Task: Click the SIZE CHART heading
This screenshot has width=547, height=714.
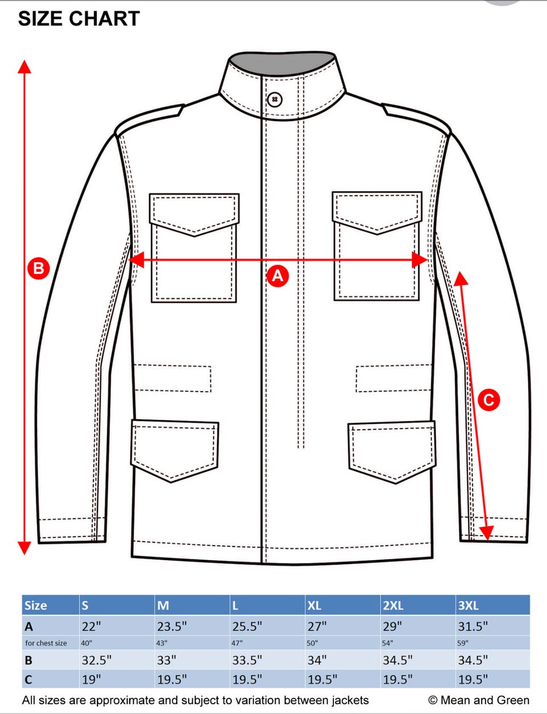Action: tap(79, 19)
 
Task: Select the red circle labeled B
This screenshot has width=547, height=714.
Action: tap(38, 269)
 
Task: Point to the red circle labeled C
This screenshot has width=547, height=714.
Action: tap(489, 400)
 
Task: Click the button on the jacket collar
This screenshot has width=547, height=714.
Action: tap(275, 99)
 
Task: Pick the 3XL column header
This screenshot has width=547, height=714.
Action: tap(468, 605)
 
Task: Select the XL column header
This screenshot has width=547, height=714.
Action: tap(314, 605)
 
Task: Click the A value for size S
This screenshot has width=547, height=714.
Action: tap(91, 627)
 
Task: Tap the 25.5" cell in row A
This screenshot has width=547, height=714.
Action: tap(247, 627)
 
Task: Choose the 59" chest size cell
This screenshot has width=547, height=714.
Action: tap(462, 643)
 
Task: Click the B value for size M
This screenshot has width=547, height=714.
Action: tap(166, 660)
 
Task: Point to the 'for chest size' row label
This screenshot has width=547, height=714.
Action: tap(46, 643)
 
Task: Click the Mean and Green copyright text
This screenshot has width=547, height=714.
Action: tap(479, 700)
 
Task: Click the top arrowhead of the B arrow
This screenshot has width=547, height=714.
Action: tap(25, 66)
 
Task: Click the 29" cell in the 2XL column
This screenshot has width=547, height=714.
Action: tap(393, 627)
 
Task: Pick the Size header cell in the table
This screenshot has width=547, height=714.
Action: tap(36, 605)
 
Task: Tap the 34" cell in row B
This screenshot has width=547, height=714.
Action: tap(317, 660)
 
